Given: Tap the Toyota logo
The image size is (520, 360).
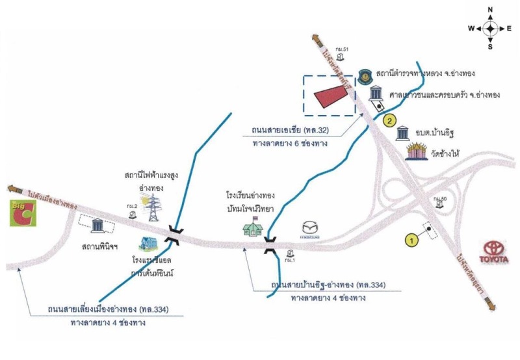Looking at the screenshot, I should click(x=497, y=252).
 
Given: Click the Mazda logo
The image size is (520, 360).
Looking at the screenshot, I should click(x=310, y=230).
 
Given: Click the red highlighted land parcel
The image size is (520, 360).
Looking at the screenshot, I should click(x=330, y=96).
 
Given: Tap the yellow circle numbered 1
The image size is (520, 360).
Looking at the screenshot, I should click(x=410, y=240).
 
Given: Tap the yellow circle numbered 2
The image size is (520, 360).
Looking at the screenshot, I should click(x=389, y=120).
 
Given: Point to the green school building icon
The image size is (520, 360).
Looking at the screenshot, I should click(x=253, y=228).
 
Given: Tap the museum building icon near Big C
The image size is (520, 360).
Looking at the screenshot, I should click(x=98, y=225).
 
